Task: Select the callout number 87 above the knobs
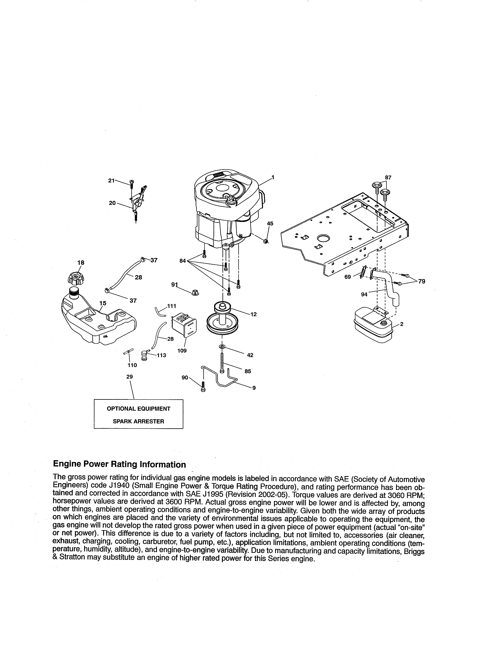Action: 388,178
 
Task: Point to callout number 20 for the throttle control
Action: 112,203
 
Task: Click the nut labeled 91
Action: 195,293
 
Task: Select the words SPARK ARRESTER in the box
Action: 138,421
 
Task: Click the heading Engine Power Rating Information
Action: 119,464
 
